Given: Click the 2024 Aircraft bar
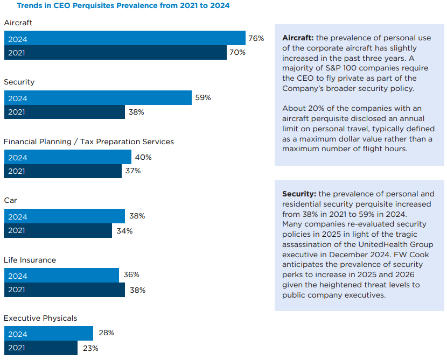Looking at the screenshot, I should tap(125, 39).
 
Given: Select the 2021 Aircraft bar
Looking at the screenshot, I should tap(115, 53).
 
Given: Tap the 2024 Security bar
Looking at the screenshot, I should tap(98, 98).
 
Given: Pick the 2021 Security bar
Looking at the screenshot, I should tap(65, 112).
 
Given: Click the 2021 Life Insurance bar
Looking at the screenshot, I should tap(65, 290).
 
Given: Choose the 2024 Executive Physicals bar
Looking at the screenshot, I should tap(48, 333).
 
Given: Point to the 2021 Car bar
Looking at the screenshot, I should tap(58, 231).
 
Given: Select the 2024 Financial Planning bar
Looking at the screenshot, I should tap(68, 157).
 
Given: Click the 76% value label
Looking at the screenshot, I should tap(256, 39).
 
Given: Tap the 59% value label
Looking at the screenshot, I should tap(203, 98).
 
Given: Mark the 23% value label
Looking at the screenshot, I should tap(90, 348).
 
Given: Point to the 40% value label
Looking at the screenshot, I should tap(143, 157).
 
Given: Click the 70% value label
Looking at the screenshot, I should tap(238, 53).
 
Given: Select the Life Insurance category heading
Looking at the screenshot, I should tap(30, 260).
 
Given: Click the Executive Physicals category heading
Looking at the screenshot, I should tap(40, 318).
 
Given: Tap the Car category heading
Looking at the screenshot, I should tap(10, 200).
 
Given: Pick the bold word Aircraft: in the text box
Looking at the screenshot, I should tap(298, 38).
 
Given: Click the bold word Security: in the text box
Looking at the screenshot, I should tap(299, 194).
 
